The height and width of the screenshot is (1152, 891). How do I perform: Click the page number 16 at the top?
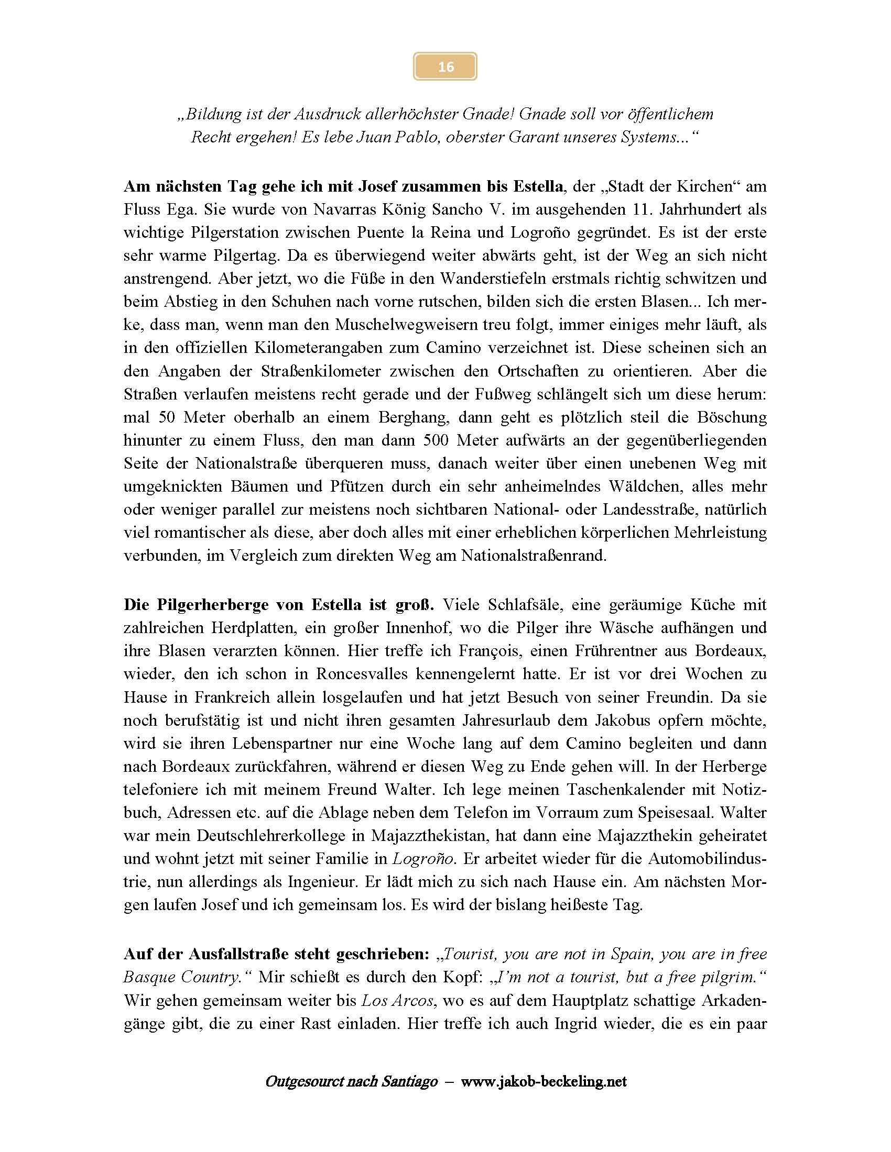(x=446, y=67)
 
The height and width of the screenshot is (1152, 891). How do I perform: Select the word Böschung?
(x=732, y=417)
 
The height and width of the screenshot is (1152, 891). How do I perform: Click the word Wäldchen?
(x=644, y=486)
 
